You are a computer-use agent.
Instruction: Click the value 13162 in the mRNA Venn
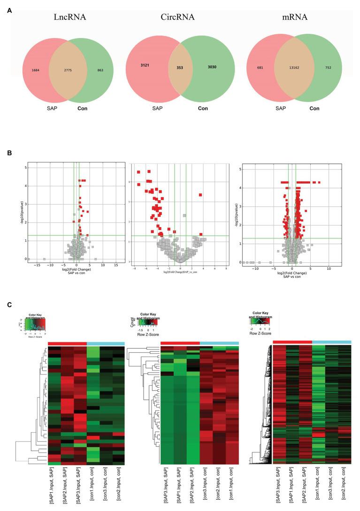293,68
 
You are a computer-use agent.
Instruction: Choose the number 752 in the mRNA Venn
328,68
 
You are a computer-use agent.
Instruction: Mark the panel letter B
9,153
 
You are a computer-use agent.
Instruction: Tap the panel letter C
9,305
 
